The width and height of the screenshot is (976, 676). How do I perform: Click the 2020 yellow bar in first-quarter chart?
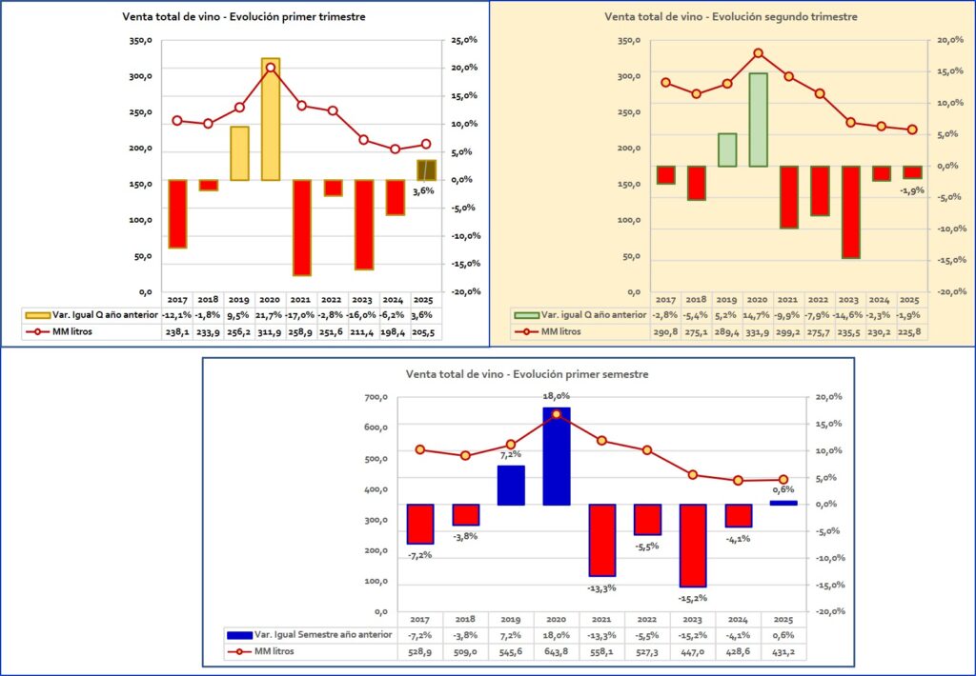click(271, 119)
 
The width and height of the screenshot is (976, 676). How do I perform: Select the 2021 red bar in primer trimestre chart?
click(302, 227)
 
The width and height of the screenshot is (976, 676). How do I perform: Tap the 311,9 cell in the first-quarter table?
click(271, 330)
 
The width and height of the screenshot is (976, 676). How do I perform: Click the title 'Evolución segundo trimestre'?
click(731, 16)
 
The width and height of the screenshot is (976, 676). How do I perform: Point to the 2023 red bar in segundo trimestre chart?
click(850, 211)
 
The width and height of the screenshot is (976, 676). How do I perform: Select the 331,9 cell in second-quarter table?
click(758, 330)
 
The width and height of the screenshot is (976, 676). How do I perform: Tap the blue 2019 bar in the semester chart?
click(511, 485)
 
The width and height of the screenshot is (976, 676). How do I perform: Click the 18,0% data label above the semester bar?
click(557, 396)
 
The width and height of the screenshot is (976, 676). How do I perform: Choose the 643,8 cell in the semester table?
click(557, 651)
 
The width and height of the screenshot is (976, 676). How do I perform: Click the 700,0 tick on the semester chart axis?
click(377, 397)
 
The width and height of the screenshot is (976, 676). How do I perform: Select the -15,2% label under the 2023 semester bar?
click(693, 599)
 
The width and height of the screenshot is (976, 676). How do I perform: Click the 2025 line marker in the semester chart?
click(783, 480)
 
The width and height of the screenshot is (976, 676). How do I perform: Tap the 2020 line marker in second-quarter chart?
click(758, 53)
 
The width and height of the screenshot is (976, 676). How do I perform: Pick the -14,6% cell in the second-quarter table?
click(850, 314)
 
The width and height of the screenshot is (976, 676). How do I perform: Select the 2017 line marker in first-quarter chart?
click(177, 121)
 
